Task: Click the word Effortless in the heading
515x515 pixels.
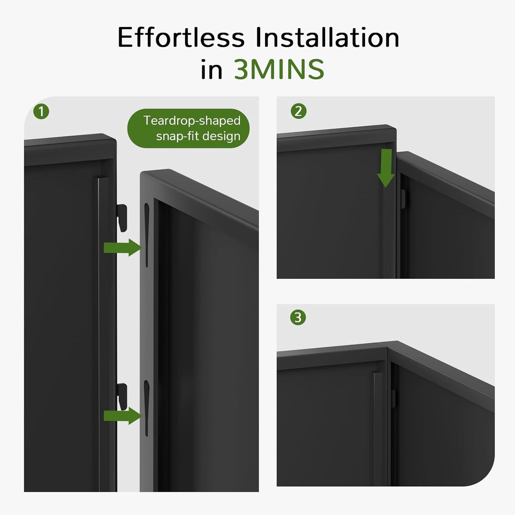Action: (181, 37)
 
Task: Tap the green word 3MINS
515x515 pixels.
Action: (279, 69)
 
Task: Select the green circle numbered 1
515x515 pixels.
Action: (41, 112)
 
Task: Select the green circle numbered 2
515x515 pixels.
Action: (298, 111)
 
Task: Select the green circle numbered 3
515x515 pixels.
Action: (298, 317)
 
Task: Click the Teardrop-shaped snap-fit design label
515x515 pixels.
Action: (188, 128)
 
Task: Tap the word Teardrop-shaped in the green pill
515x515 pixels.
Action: (192, 120)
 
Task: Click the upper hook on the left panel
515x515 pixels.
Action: (122, 217)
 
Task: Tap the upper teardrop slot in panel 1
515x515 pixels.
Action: (146, 233)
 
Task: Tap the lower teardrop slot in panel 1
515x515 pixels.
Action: (146, 406)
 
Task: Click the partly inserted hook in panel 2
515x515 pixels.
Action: (403, 199)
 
